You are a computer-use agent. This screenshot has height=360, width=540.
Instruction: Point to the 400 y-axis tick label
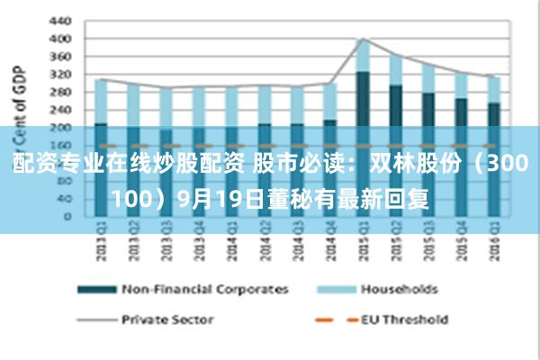[x=59, y=39]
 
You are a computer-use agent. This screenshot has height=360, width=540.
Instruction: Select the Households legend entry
[x=399, y=290]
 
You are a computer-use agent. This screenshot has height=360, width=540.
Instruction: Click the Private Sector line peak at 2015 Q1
[x=363, y=39]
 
